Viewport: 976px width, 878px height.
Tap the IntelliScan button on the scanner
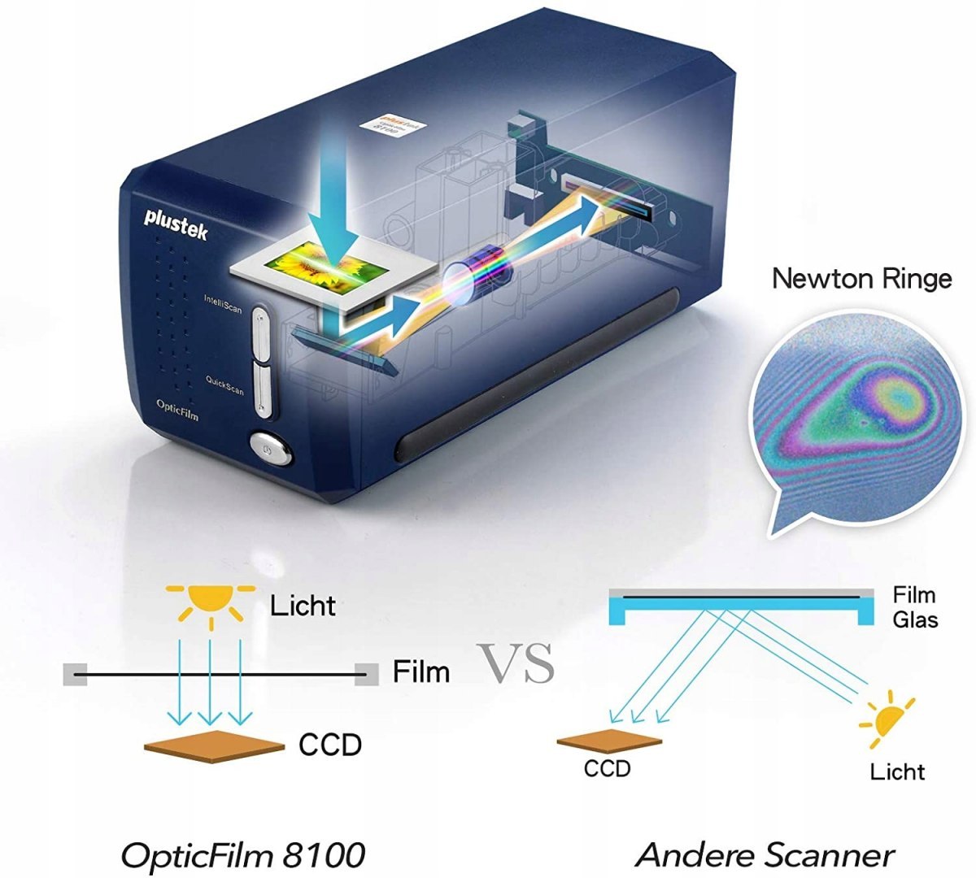(x=260, y=333)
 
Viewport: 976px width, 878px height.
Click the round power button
(x=271, y=447)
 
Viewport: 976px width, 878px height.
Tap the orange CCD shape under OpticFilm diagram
(x=214, y=745)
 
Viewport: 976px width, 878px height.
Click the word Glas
(x=915, y=620)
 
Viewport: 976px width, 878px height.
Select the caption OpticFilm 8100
(x=242, y=854)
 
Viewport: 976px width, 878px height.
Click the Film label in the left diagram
(x=420, y=672)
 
